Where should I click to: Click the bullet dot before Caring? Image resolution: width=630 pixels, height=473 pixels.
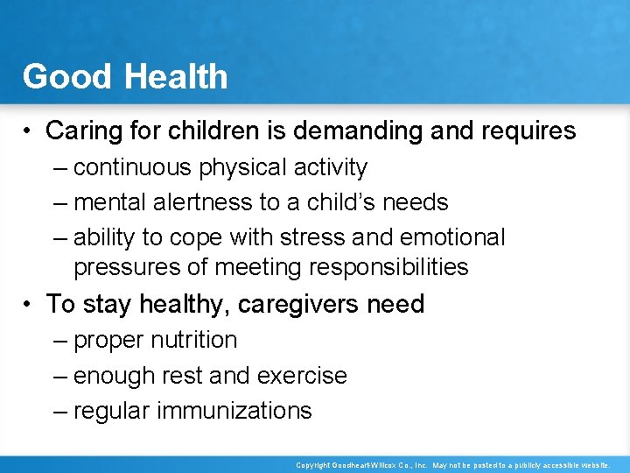30,132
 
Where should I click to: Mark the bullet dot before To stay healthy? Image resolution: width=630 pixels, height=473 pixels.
30,305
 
